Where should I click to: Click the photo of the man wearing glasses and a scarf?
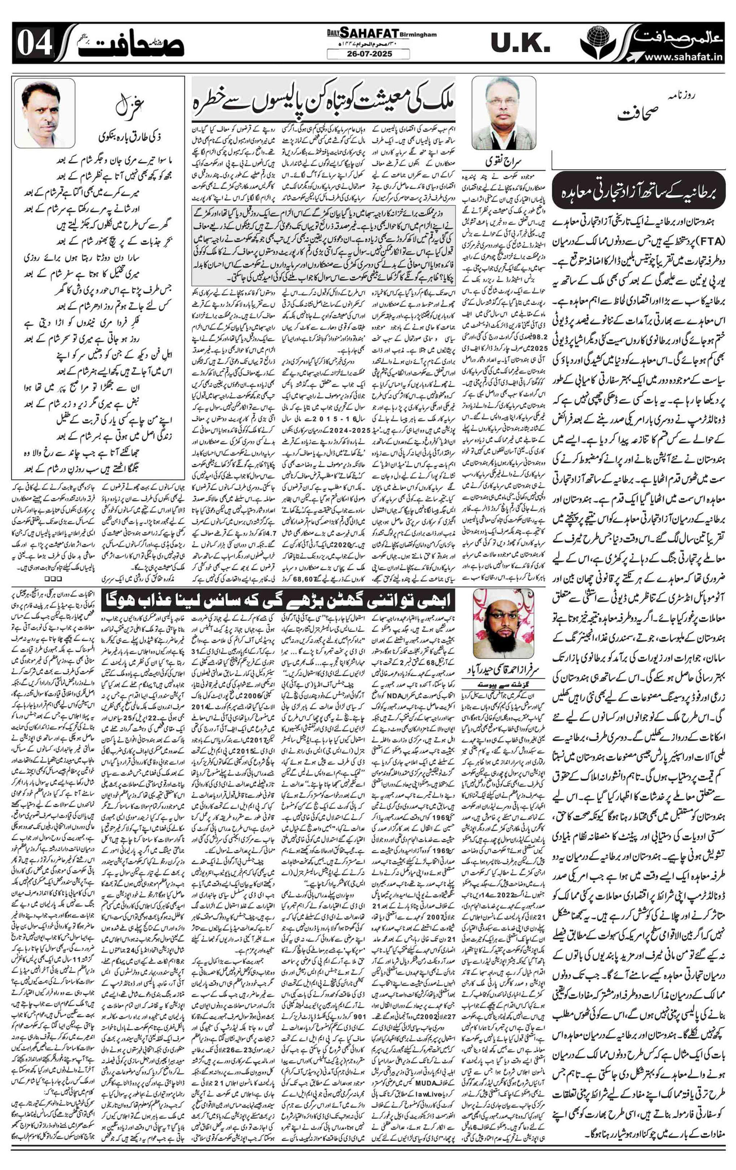[x=504, y=113]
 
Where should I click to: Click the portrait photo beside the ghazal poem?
[x=45, y=113]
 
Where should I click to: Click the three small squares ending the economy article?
[x=50, y=579]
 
